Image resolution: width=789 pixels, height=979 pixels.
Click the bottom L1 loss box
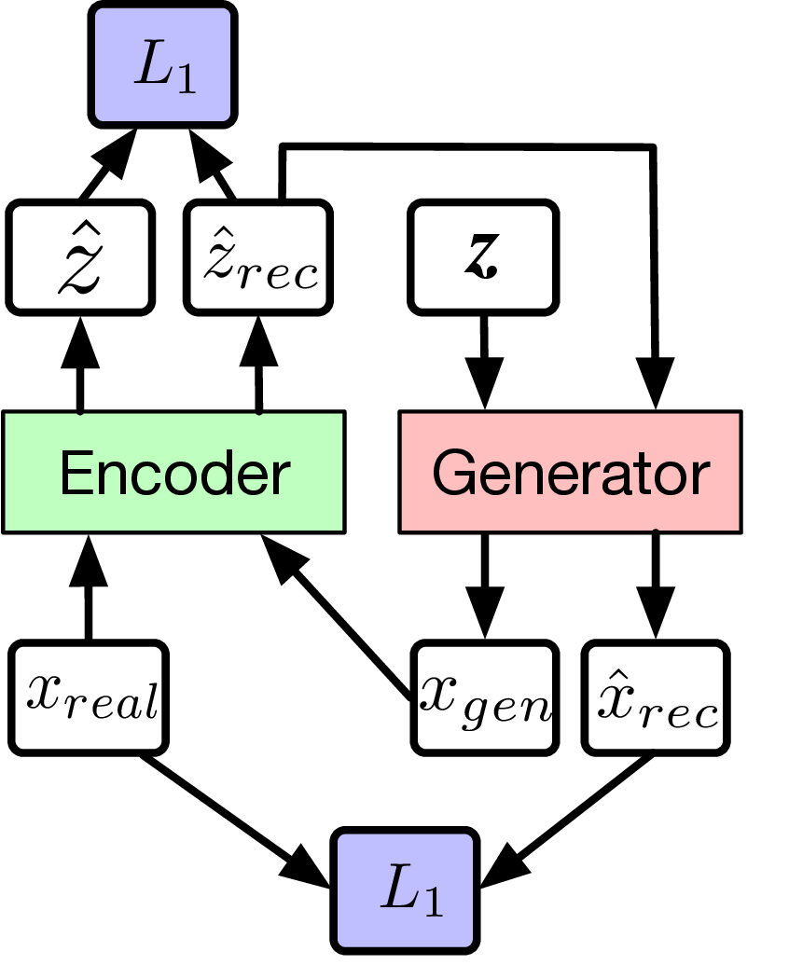tap(408, 889)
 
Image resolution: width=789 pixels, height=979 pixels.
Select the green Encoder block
tap(173, 472)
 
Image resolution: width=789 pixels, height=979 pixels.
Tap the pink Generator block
tap(570, 472)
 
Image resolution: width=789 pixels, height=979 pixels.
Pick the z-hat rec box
tap(258, 257)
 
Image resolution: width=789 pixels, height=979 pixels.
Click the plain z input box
tap(483, 257)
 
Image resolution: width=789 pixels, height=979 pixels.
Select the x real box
tap(90, 696)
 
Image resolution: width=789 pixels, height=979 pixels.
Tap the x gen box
tap(483, 696)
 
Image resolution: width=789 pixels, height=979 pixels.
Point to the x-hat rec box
tap(656, 696)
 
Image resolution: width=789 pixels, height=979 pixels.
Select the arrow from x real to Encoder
tap(90, 587)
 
